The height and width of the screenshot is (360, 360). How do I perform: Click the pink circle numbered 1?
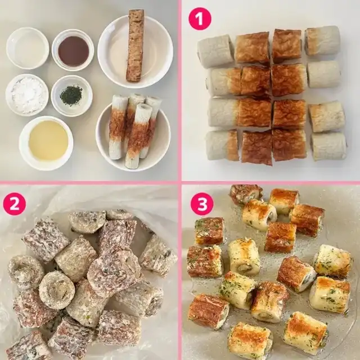click(200, 19)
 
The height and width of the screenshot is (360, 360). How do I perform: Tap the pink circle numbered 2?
click(14, 204)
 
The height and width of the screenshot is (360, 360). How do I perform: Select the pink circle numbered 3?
click(202, 204)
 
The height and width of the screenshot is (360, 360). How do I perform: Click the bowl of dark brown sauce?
click(73, 50)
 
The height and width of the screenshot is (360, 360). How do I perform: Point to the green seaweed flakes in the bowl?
click(71, 95)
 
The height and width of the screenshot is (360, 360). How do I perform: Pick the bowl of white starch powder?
click(27, 94)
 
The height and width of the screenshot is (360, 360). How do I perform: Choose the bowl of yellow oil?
click(46, 143)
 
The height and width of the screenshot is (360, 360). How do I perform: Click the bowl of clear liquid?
click(28, 48)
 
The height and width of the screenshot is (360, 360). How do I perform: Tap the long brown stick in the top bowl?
click(136, 45)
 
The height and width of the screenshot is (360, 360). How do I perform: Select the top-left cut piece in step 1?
click(215, 51)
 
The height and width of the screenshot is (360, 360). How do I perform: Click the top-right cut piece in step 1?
click(322, 40)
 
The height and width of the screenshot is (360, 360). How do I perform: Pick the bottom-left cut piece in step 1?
click(222, 145)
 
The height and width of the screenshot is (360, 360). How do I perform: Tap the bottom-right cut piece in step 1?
click(328, 146)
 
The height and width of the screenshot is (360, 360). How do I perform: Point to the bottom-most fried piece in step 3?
click(249, 340)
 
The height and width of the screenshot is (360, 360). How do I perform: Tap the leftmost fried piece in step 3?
click(204, 261)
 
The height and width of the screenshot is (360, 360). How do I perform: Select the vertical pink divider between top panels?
click(179, 91)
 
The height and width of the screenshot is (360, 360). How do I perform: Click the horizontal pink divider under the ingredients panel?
click(89, 183)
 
